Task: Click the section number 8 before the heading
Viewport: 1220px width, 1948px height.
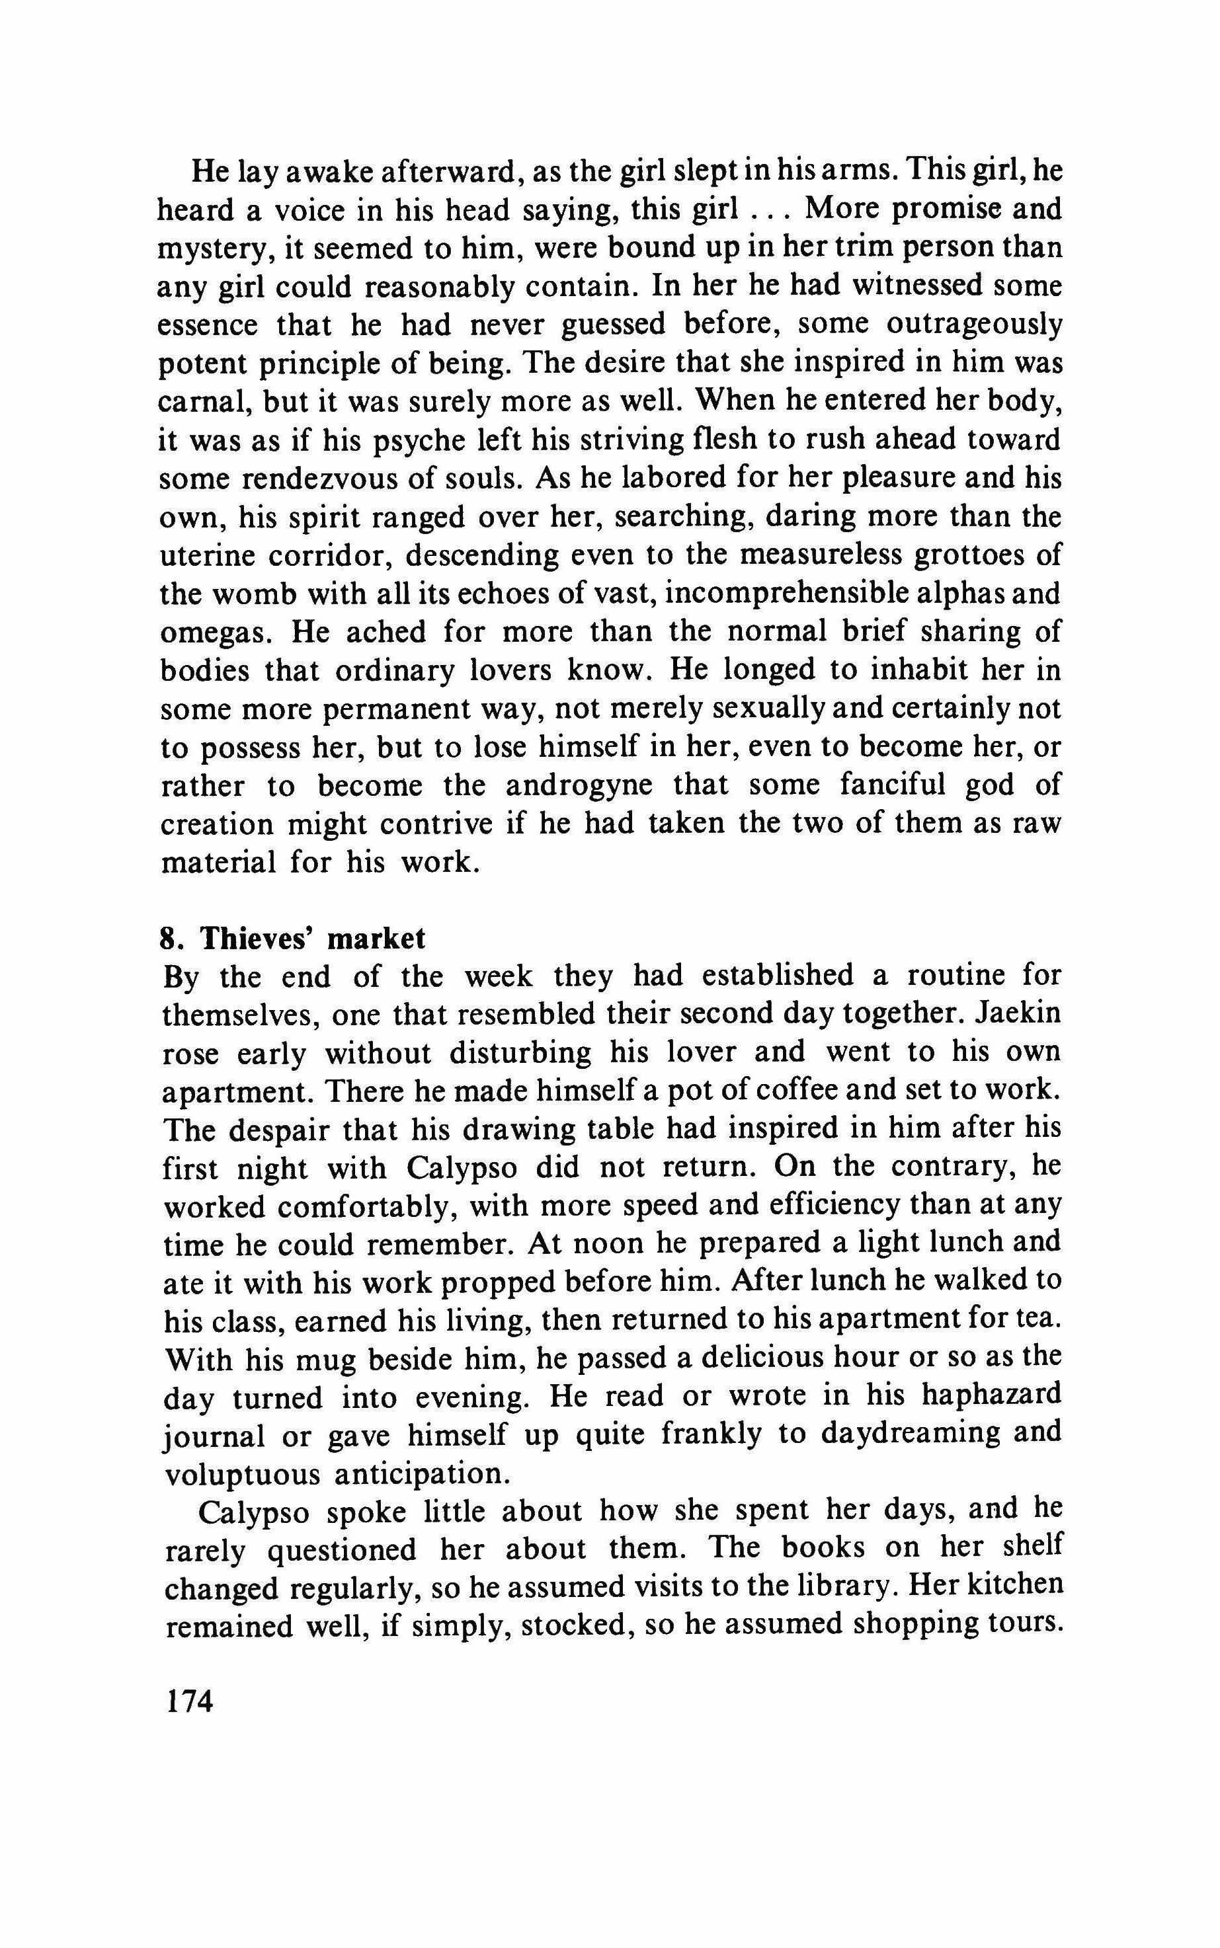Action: click(168, 939)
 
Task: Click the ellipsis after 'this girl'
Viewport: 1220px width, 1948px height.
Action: click(768, 212)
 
